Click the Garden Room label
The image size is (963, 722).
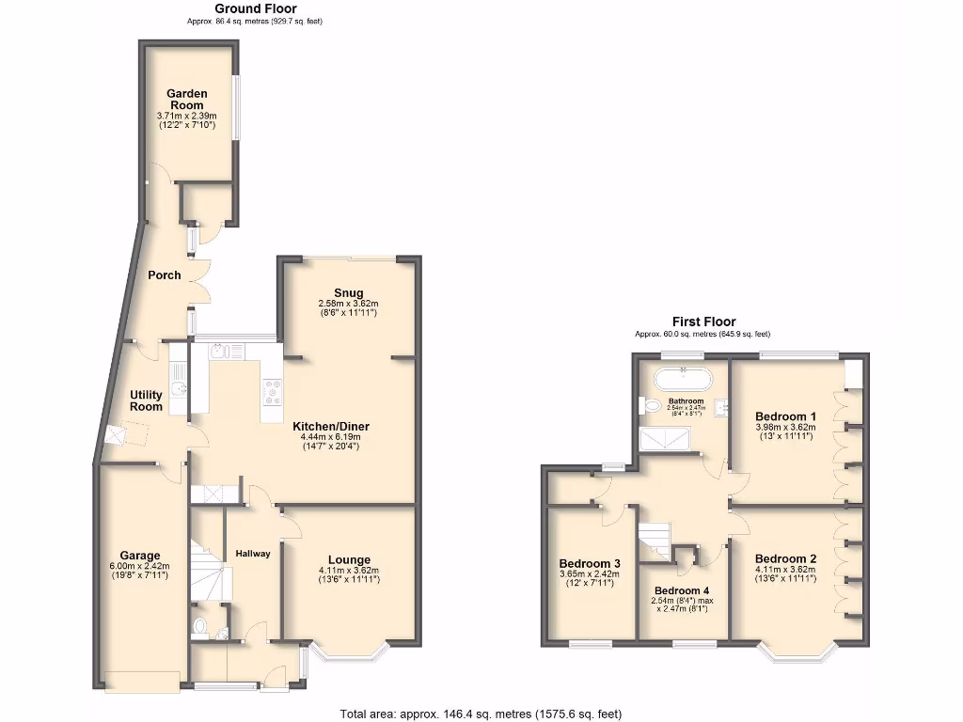[186, 99]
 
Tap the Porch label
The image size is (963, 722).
[164, 275]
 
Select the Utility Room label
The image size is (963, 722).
[147, 400]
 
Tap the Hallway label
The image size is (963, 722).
[253, 554]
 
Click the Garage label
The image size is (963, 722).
[139, 555]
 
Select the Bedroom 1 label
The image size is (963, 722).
[785, 416]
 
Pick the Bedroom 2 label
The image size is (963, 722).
[785, 558]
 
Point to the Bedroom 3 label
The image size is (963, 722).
[588, 563]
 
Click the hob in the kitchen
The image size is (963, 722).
[272, 391]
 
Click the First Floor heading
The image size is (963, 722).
[703, 322]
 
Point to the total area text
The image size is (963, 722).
[481, 714]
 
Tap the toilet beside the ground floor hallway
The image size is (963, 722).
[197, 627]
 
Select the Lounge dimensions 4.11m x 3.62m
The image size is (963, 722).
[348, 570]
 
